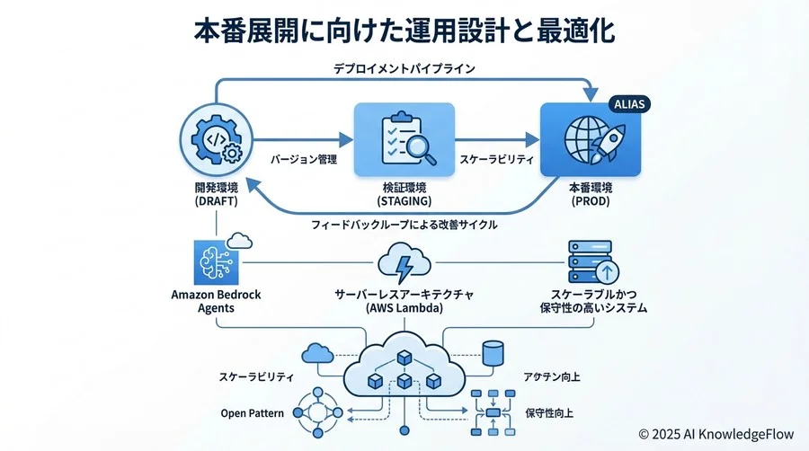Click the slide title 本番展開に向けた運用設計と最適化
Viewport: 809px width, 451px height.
[x=404, y=31]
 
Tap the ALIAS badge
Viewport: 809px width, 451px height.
[x=627, y=104]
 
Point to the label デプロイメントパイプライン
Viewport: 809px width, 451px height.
[x=404, y=68]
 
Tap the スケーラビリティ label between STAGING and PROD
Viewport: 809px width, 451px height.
[x=497, y=159]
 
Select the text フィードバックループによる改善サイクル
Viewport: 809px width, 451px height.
[x=404, y=225]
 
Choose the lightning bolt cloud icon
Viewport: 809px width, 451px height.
[x=404, y=265]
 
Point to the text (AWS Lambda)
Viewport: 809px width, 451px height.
[x=404, y=308]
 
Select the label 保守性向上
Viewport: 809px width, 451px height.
[x=550, y=414]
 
